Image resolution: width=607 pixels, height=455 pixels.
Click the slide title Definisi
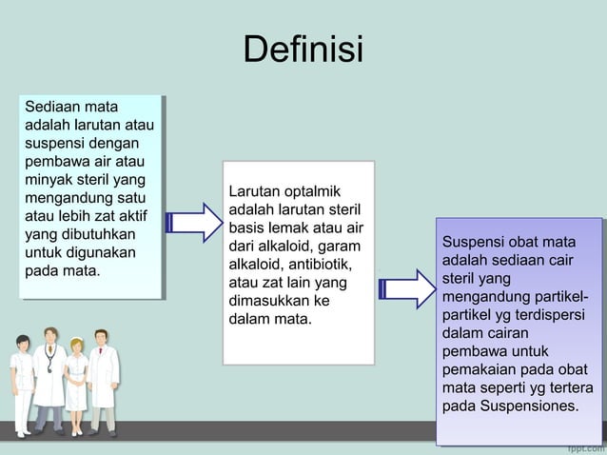[303, 49]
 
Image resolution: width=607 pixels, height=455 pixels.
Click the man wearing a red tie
[104, 376]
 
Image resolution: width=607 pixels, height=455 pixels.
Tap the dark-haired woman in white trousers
[21, 381]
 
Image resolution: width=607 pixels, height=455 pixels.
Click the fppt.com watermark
[584, 446]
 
